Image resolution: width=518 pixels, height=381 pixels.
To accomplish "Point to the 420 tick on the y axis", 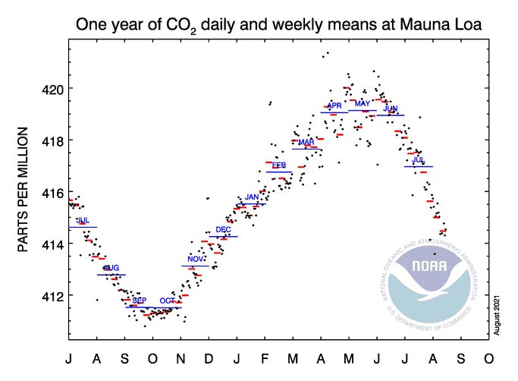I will tap(47, 89).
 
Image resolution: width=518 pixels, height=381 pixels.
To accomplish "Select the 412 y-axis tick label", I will tap(47, 295).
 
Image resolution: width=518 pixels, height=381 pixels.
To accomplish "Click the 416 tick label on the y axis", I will tap(47, 192).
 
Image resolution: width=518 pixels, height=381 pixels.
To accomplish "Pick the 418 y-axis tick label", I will tap(47, 140).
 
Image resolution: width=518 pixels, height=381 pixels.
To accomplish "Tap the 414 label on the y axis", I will tap(47, 244).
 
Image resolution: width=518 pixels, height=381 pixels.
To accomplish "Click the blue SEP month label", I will tap(140, 301).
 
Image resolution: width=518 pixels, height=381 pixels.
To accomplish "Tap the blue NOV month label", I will tap(196, 260).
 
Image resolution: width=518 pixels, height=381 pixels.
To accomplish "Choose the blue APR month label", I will tap(334, 105).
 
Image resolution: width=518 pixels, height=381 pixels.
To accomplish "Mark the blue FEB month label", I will tap(279, 165).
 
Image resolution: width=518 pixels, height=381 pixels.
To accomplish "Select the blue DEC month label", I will tap(224, 230).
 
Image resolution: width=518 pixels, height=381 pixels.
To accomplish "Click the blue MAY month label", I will tap(363, 103).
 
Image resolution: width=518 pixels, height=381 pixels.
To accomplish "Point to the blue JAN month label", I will tap(252, 197).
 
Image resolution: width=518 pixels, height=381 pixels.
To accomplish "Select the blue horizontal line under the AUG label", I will tap(111, 275).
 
